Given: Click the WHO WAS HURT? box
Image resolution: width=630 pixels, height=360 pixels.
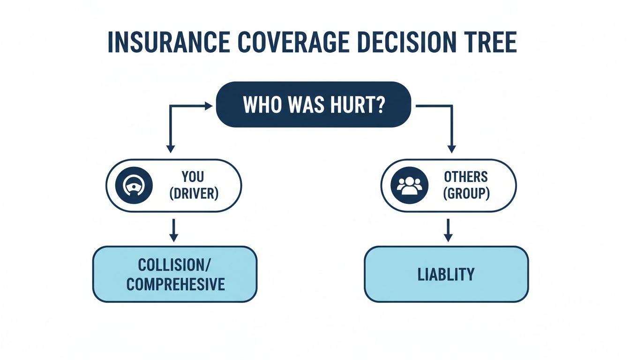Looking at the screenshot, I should tap(314, 105).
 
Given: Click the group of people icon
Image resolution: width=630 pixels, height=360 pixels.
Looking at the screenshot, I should tap(409, 185).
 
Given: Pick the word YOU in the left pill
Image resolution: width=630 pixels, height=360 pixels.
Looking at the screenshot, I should tap(193, 177).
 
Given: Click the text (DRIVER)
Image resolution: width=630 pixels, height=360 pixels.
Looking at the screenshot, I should tap(193, 193).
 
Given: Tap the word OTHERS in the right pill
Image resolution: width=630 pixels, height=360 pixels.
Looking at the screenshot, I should tap(465, 177).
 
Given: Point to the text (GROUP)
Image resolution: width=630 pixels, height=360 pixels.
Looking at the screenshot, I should tap(465, 193).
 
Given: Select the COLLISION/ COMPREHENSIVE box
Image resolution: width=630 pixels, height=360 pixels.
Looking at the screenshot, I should tap(175, 274).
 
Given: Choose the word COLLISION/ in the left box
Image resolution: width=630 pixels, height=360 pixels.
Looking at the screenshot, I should tap(175, 265).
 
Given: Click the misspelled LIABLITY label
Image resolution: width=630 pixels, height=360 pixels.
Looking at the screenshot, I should tap(446, 274).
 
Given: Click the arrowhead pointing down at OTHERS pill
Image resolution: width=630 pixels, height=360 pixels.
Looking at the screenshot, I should tap(451, 149).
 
